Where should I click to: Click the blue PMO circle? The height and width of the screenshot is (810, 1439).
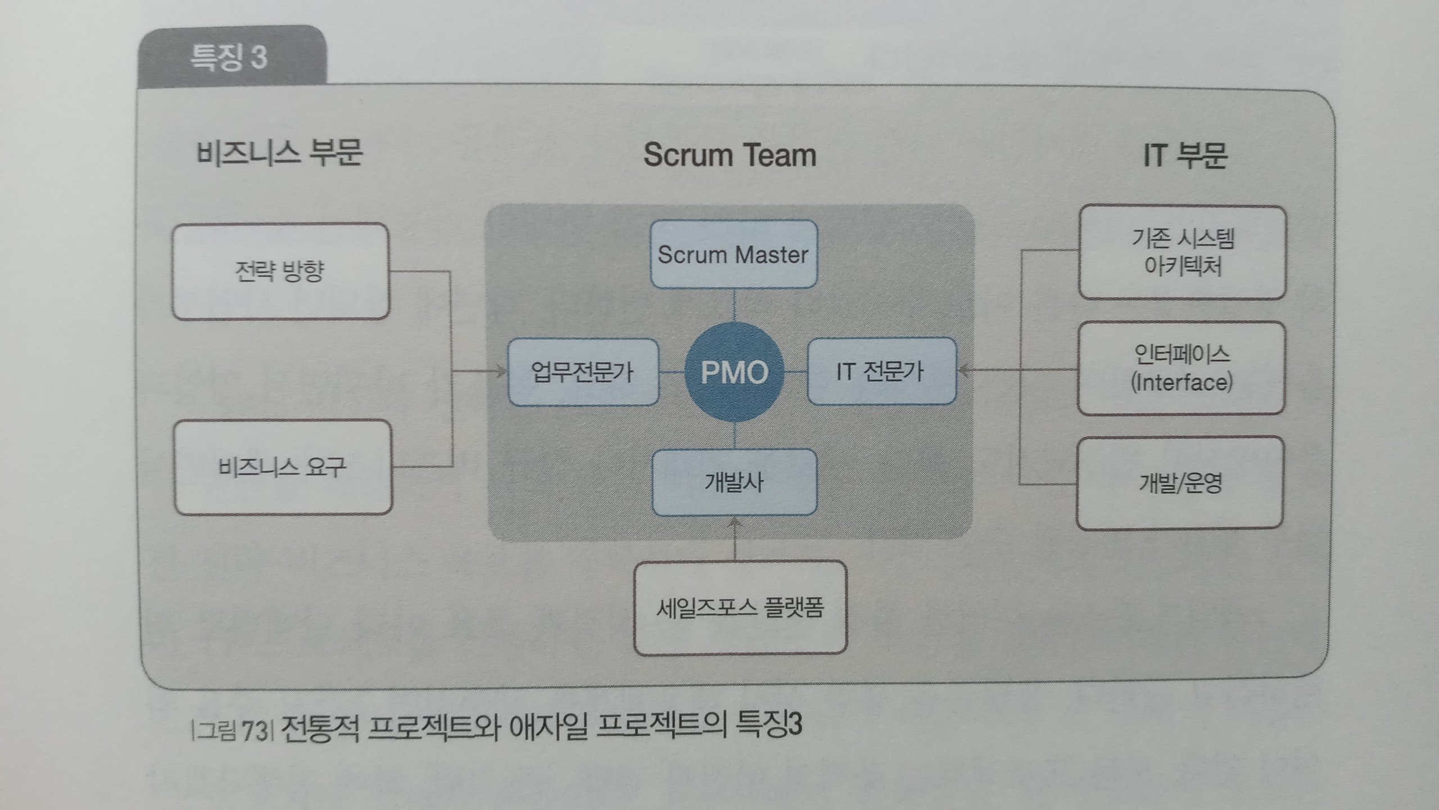[x=734, y=372]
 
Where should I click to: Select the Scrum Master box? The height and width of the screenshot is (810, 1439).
[x=734, y=254]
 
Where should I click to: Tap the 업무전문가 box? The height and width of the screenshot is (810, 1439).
[x=583, y=372]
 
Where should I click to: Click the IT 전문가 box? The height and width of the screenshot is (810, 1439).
[x=881, y=371]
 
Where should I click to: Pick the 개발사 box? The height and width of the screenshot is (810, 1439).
[x=734, y=482]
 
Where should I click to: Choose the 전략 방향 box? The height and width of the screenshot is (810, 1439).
[x=280, y=272]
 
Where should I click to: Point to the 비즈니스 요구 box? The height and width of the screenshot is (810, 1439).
[x=283, y=467]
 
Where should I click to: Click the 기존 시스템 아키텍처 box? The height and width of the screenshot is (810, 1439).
[x=1182, y=253]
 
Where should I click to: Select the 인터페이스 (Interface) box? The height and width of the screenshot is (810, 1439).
[x=1181, y=368]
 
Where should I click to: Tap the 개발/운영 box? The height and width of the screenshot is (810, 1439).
[x=1180, y=483]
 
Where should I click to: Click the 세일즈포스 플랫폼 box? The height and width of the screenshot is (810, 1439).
[x=740, y=607]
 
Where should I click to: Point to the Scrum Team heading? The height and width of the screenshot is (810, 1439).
[x=730, y=155]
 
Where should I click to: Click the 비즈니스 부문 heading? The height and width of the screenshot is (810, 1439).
[x=279, y=153]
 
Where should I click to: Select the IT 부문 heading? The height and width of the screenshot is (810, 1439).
[x=1185, y=156]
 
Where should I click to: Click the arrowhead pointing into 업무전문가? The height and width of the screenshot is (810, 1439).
[x=501, y=371]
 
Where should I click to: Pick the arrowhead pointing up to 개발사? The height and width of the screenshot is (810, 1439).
[x=735, y=523]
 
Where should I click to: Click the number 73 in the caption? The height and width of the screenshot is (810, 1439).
[x=254, y=731]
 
